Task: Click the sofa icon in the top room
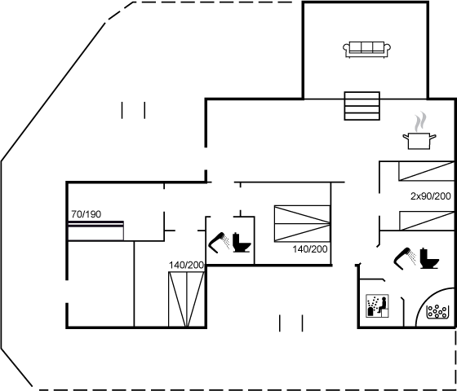[366, 50]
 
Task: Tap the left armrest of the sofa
[346, 49]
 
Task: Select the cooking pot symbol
[419, 141]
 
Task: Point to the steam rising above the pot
[420, 121]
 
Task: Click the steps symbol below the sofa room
[362, 106]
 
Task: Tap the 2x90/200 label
[431, 196]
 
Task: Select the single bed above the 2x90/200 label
[426, 171]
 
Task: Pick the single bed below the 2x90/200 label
[427, 221]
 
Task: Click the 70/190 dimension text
[87, 214]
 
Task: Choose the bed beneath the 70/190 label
[96, 231]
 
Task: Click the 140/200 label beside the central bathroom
[310, 249]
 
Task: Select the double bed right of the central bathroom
[302, 223]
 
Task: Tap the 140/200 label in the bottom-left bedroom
[186, 266]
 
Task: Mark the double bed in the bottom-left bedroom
[186, 299]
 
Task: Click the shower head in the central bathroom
[220, 243]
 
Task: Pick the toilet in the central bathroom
[242, 243]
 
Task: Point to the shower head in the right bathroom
[405, 258]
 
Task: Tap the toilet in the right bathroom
[429, 258]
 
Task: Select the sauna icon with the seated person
[377, 305]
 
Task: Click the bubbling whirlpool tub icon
[437, 311]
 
